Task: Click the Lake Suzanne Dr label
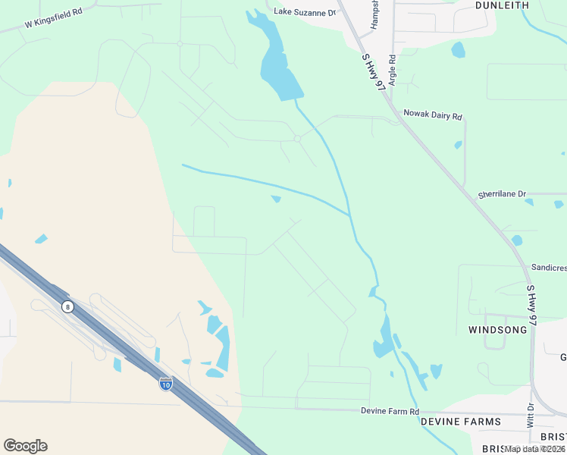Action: (x=304, y=12)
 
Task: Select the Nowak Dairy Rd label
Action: (x=432, y=116)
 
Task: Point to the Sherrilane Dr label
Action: (x=501, y=194)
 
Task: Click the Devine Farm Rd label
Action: (x=388, y=412)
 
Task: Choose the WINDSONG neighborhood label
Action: (x=497, y=330)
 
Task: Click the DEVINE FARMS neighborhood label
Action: (x=461, y=422)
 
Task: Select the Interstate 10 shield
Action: (x=165, y=384)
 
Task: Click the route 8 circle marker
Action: (x=68, y=306)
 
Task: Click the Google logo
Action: (x=25, y=445)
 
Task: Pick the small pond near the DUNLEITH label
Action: (x=458, y=50)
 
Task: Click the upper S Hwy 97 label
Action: (x=371, y=71)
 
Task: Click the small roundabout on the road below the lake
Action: (x=298, y=139)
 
